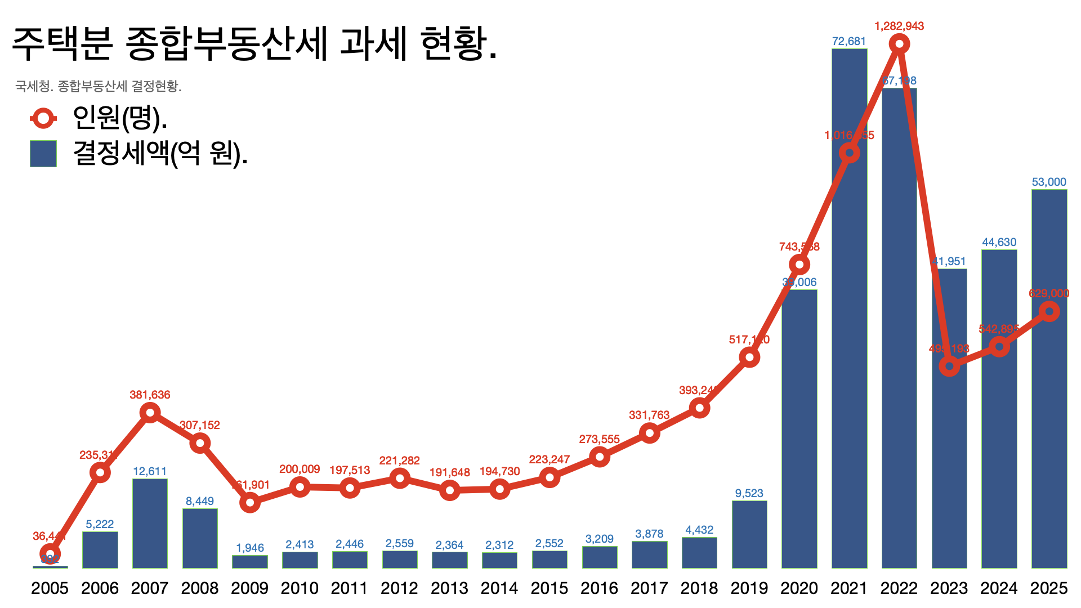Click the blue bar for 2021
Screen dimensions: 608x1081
coord(849,338)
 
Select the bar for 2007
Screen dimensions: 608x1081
coord(150,524)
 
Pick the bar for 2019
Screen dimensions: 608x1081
coord(749,535)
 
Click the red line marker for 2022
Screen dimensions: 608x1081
coord(899,44)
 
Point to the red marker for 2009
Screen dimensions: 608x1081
coord(250,502)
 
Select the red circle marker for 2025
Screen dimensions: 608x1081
coord(1049,311)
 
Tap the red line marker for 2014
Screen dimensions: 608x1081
coord(499,489)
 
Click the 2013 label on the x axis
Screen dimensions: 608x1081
coord(449,588)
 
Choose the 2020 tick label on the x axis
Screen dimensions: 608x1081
coord(799,588)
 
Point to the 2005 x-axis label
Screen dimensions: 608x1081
coord(50,588)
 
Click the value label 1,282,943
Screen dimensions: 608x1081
coord(899,26)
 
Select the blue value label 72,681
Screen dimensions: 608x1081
coord(849,41)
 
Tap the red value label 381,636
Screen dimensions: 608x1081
coord(150,395)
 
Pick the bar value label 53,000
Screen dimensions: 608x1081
coord(1049,182)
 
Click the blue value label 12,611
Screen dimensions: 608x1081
coord(150,471)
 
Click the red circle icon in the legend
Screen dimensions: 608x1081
coord(43,118)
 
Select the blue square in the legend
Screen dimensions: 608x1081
coord(43,154)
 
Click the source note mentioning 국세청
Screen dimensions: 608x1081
coord(99,86)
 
